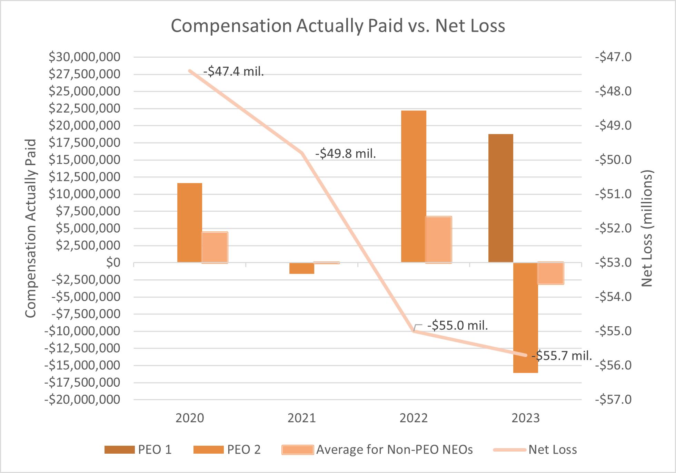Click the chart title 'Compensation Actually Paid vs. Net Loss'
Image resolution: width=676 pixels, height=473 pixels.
click(338, 26)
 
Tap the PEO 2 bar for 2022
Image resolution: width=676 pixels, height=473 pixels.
click(414, 186)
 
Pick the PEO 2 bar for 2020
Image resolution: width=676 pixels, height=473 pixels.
click(189, 223)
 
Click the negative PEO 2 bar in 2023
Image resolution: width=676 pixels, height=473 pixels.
click(525, 318)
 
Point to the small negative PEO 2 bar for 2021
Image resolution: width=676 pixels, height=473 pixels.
click(301, 268)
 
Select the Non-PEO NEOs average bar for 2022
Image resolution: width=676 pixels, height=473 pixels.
click(438, 240)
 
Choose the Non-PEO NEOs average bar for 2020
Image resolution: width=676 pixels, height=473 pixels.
click(215, 247)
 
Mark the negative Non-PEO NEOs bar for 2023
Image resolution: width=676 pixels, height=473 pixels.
click(550, 273)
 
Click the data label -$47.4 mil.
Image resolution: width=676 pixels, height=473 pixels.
click(233, 71)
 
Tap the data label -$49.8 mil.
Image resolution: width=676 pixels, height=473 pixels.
click(345, 153)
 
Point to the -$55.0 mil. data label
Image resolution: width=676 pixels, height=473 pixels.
click(457, 325)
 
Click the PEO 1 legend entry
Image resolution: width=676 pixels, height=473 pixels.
click(138, 450)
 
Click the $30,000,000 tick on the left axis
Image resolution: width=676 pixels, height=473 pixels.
click(84, 57)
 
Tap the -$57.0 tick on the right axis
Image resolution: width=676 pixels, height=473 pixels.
click(613, 399)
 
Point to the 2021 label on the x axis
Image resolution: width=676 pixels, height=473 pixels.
click(301, 418)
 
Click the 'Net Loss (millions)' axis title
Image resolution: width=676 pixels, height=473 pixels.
click(647, 228)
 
